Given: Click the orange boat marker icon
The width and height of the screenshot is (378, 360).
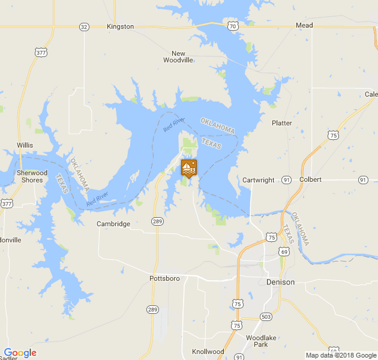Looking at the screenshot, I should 188,168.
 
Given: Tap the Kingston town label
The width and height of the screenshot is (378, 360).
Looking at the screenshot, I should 120,26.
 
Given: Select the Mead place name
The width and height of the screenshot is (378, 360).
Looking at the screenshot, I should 304,26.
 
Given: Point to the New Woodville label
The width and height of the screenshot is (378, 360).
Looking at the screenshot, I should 179,56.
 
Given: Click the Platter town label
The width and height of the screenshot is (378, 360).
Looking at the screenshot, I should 281,123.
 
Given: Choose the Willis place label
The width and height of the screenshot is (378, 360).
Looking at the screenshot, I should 25,145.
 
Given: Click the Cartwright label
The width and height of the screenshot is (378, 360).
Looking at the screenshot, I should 259,180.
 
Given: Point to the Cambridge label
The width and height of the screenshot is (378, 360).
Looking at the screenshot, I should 113,224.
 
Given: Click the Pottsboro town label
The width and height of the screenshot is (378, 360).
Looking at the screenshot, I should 164,278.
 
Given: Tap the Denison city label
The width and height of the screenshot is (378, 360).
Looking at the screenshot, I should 280,282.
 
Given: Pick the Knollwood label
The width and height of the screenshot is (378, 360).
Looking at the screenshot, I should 208,352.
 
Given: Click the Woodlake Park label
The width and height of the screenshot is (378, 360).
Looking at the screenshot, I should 261,341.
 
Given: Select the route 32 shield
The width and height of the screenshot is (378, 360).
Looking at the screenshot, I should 84,27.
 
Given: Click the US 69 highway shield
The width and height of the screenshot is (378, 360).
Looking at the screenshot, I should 282,251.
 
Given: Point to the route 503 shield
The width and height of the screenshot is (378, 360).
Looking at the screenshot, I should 266,317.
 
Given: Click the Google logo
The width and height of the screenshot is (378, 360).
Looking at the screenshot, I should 20,353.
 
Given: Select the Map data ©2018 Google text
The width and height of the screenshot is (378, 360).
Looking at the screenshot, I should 340,355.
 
